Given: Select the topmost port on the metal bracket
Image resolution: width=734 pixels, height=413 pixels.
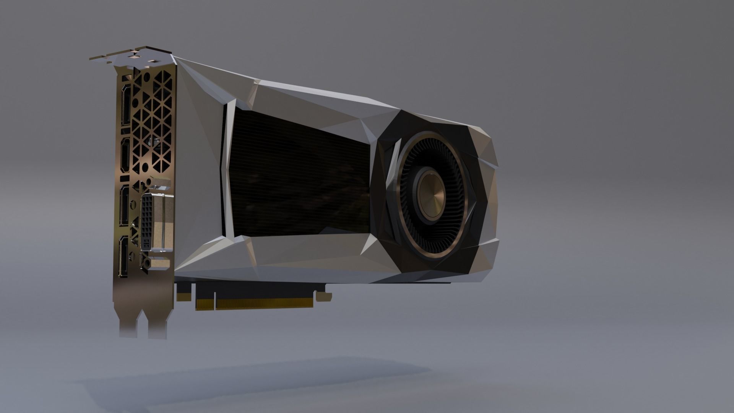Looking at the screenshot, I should pyautogui.click(x=125, y=105).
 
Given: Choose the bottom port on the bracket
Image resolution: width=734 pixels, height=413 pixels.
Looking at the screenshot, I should pyautogui.click(x=124, y=255).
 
